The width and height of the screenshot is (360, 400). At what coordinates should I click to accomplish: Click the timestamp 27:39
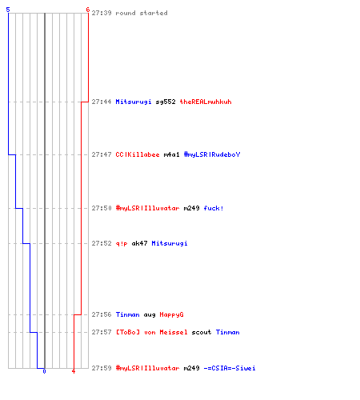[102, 13]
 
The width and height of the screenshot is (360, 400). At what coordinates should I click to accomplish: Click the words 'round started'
[142, 13]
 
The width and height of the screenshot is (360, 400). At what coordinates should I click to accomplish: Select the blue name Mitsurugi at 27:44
[134, 102]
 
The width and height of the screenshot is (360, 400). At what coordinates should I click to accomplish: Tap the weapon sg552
[166, 102]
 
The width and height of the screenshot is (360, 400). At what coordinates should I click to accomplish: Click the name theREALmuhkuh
[206, 102]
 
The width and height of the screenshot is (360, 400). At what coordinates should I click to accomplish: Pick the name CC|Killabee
[138, 154]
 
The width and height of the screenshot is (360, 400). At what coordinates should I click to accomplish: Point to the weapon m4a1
[171, 154]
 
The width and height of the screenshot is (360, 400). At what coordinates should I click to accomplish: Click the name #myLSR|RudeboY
[212, 154]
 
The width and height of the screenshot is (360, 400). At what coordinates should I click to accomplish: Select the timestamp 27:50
[102, 208]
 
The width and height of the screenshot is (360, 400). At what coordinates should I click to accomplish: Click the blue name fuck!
[214, 208]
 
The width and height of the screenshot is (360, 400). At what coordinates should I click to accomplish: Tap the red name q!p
[122, 244]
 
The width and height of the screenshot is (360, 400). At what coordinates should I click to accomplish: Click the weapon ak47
[139, 243]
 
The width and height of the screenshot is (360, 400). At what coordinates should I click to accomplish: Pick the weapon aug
[150, 315]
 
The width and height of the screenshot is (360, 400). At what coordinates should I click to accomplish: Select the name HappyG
[171, 315]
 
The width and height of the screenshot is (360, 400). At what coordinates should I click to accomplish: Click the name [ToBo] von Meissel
[151, 332]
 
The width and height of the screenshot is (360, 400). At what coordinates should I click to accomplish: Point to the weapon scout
[202, 332]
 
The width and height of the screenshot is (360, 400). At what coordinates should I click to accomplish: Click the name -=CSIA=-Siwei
[230, 368]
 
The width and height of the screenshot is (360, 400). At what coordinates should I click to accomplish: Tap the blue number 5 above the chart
[8, 10]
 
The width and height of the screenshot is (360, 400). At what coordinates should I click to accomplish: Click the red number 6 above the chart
[88, 10]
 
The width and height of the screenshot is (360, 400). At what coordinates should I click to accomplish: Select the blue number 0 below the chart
[44, 371]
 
